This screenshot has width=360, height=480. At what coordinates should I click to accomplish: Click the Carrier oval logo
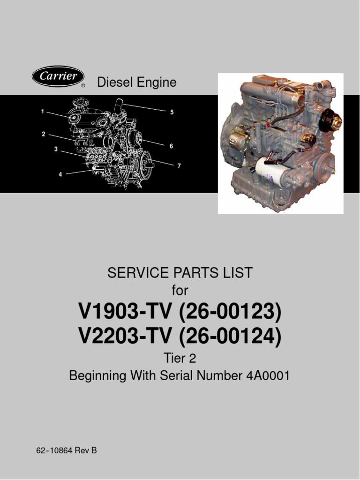coord(58,77)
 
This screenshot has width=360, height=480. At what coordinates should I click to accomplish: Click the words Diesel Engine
coord(136,82)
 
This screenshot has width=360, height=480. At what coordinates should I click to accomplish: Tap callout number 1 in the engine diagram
coord(42,112)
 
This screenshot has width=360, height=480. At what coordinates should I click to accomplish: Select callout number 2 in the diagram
coord(43,134)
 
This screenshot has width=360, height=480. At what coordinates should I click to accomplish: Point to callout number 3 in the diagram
coord(55,150)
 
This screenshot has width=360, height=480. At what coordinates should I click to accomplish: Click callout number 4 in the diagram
coord(60,174)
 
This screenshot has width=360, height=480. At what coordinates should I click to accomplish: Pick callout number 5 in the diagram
coord(172,112)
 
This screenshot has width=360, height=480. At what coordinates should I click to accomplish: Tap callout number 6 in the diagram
coord(172,146)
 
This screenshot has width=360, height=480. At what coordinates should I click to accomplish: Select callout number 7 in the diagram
coord(179,166)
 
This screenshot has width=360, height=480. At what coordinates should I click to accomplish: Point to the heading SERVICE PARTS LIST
coord(180,273)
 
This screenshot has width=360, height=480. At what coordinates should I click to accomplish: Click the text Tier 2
coord(180,359)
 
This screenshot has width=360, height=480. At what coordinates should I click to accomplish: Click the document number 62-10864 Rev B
coord(67,451)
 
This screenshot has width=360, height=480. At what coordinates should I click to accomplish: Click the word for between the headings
coord(180,291)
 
